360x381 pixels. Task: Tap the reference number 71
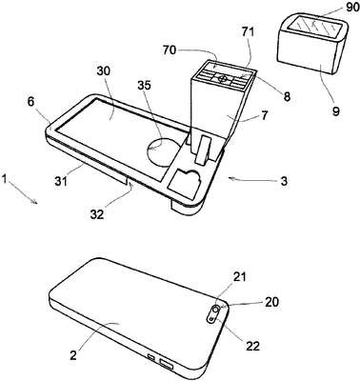point(249,32)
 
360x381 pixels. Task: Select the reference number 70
point(170,50)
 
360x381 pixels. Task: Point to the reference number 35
point(145,86)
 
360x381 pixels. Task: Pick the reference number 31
point(61,182)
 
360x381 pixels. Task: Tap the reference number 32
point(97,214)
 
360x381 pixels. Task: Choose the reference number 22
point(252,346)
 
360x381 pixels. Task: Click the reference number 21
point(240,277)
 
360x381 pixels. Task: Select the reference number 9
point(336,111)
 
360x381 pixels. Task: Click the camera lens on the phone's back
point(216,309)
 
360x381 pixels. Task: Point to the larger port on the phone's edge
point(167,364)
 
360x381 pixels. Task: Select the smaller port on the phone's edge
point(151,357)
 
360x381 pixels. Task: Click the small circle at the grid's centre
point(224,78)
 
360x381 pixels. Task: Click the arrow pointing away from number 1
point(22,192)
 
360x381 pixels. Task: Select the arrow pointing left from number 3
point(252,180)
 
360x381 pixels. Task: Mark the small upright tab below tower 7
point(203,150)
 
